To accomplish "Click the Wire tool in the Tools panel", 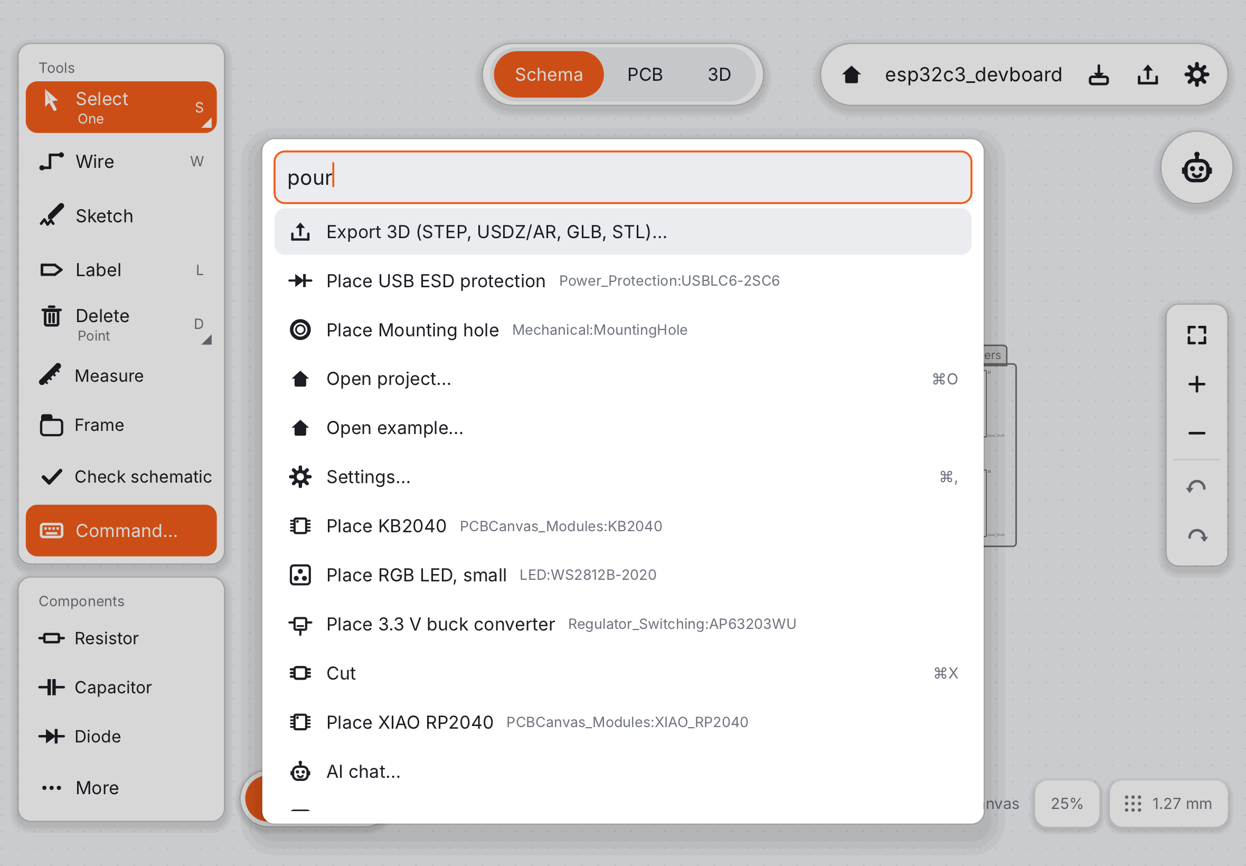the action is (121, 162).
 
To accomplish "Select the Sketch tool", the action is (121, 216).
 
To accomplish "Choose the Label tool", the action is (121, 270).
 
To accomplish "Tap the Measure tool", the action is (121, 375).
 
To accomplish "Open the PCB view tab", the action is (645, 74).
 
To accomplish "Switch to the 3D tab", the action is (719, 74).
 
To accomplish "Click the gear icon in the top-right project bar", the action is (1196, 74).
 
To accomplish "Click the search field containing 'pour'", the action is (622, 177).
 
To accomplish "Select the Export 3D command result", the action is (622, 232).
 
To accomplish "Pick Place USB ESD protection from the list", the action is (622, 280).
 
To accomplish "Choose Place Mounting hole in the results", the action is (622, 330).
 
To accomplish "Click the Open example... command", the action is (622, 428).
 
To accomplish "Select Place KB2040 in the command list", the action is (622, 526).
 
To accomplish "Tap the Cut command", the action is (622, 673).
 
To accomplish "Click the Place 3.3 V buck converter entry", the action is (622, 624).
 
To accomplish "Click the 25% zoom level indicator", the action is (1066, 803).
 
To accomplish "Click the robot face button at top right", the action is (1196, 168).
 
